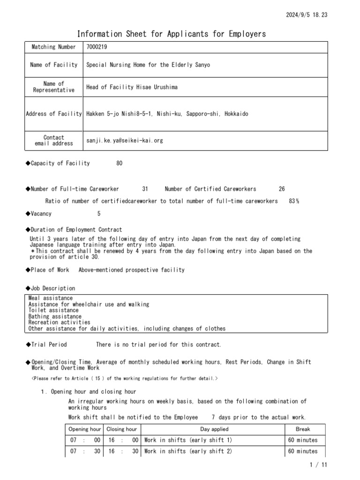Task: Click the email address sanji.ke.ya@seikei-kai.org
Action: point(125,140)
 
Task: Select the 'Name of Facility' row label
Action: point(53,65)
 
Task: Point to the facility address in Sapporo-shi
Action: point(167,114)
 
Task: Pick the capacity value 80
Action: point(120,163)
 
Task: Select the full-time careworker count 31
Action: point(145,189)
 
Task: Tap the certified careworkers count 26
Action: point(281,189)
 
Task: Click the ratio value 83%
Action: point(294,201)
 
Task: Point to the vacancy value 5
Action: point(99,214)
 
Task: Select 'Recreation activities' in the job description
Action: point(59,322)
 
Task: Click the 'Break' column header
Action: point(303,429)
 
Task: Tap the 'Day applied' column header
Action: point(214,429)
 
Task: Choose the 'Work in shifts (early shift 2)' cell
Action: point(188,451)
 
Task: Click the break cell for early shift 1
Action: point(303,440)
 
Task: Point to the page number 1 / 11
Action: point(319,465)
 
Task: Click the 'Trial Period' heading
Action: point(48,345)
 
